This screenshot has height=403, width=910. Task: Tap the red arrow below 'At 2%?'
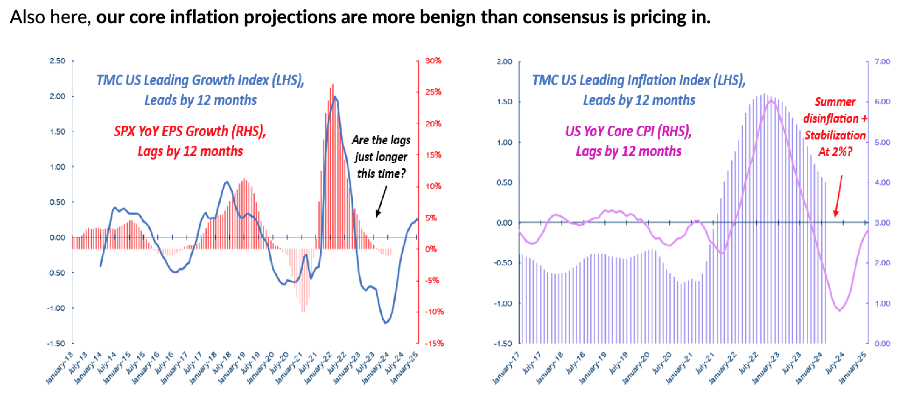coord(839,196)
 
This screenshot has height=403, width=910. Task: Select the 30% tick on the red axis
coord(433,61)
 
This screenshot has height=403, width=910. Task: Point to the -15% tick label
coord(434,343)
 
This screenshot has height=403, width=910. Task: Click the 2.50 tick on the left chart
coord(57,61)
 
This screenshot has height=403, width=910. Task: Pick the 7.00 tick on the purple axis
coord(882,62)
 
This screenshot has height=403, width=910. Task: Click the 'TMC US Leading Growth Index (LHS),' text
coord(200,80)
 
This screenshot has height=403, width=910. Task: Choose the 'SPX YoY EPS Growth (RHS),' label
coord(190,131)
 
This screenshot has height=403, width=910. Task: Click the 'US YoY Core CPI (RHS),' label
coord(628,131)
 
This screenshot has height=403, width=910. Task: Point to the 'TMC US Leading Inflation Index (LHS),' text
coord(638,80)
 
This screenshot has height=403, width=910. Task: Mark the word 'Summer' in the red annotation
coord(835,102)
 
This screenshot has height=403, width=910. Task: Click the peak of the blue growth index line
coord(335,97)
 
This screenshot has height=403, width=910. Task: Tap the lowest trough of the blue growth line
coord(386,322)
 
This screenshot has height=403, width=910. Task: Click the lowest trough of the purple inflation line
coord(840,310)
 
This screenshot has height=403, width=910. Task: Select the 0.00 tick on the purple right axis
coord(882,344)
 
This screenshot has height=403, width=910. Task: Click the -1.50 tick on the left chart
coord(56,343)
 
